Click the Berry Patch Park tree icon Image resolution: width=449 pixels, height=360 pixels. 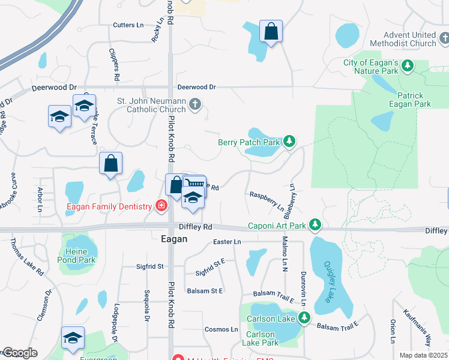289,142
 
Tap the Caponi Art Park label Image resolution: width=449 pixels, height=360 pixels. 277,226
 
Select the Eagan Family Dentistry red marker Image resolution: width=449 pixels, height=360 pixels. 161,206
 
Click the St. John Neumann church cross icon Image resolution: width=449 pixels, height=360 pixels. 194,105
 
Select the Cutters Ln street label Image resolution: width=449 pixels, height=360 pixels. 128,25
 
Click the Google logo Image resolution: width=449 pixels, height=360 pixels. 19,353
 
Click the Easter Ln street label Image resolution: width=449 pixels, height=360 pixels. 227,242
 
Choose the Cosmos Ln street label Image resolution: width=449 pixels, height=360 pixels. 221,329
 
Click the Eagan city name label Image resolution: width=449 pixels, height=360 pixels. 174,239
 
